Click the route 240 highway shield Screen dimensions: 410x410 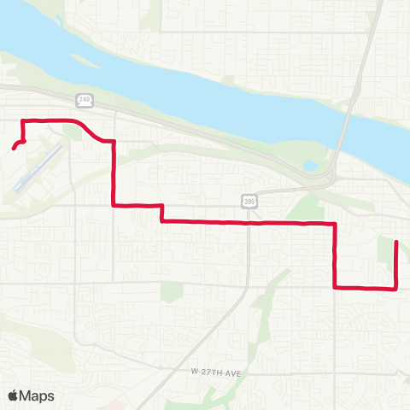(83, 100)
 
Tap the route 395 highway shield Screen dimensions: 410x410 (249, 201)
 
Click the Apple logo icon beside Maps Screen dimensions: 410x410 (14, 395)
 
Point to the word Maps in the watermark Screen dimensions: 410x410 (38, 395)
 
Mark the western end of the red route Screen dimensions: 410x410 (13, 149)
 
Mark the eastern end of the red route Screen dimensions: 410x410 (396, 243)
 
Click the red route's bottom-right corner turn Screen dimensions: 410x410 (396, 289)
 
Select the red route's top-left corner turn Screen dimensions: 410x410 (22, 120)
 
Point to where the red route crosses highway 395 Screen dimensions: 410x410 (249, 222)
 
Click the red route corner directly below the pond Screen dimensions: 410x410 (334, 223)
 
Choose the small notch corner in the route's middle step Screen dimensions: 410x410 (161, 205)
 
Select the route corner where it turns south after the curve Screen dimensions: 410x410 (114, 143)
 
